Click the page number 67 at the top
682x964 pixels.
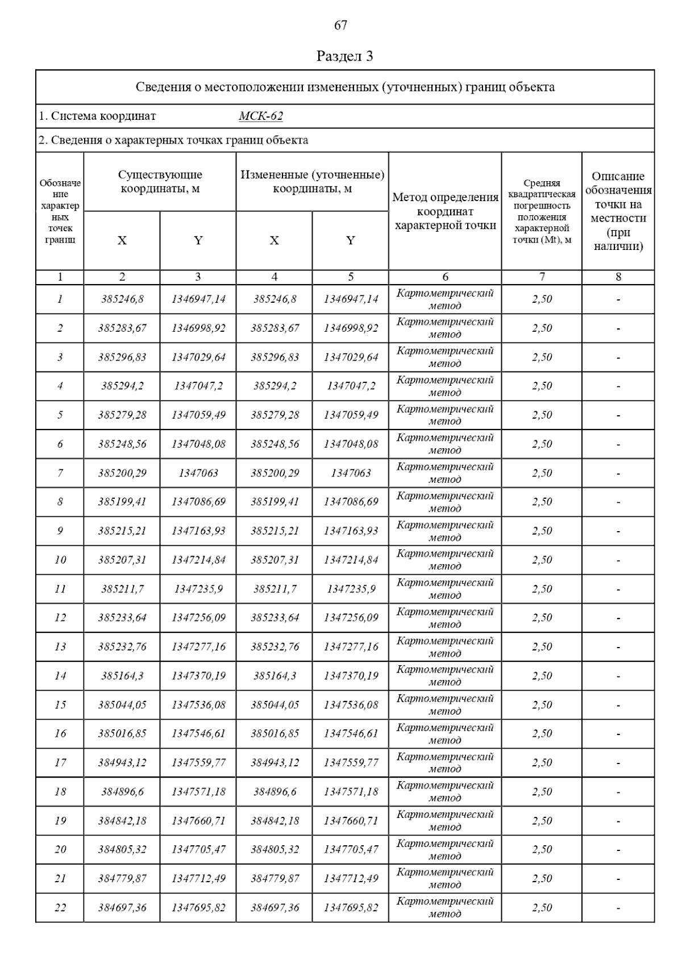(x=340, y=25)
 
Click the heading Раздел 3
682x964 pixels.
(x=344, y=56)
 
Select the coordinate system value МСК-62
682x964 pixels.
(x=261, y=116)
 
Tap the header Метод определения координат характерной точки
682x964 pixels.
(x=445, y=211)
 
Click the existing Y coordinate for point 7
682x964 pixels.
(x=198, y=473)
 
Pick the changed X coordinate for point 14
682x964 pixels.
(x=275, y=675)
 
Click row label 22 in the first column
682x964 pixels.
(x=60, y=907)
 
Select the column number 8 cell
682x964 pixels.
(x=618, y=277)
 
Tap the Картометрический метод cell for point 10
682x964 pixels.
(x=445, y=560)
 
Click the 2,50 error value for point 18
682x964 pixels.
(x=542, y=791)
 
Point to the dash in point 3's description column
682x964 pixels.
(x=618, y=358)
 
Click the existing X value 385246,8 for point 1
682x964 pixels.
(x=122, y=299)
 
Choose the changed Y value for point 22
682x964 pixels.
(x=351, y=907)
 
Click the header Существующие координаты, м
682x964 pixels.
(x=160, y=182)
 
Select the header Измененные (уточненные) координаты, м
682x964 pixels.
(x=312, y=182)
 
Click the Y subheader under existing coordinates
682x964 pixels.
(x=198, y=240)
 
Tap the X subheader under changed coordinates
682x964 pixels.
(x=275, y=240)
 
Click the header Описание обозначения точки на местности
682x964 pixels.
(x=618, y=211)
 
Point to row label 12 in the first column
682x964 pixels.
(x=60, y=617)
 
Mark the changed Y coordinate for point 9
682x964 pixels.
(x=351, y=531)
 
